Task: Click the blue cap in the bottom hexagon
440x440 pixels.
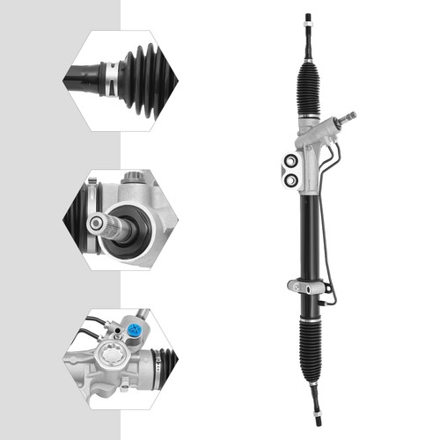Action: point(134,331)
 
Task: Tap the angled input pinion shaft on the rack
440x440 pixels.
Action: point(346,119)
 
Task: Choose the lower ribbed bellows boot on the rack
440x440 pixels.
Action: point(312,347)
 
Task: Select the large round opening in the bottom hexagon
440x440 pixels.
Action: point(113,360)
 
